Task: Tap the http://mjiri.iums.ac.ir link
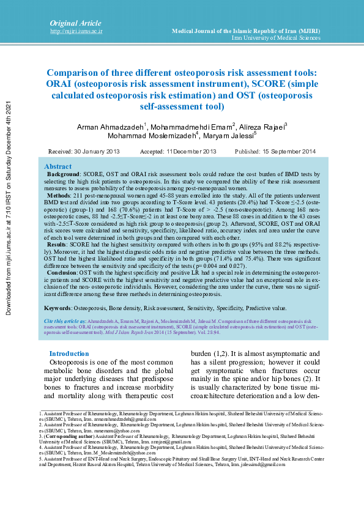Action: pos(75,31)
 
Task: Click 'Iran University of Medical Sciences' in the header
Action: pos(276,38)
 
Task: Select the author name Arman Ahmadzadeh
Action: pos(110,127)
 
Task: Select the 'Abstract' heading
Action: pos(58,166)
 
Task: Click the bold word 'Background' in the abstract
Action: pos(64,174)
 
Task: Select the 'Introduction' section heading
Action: pos(69,354)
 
